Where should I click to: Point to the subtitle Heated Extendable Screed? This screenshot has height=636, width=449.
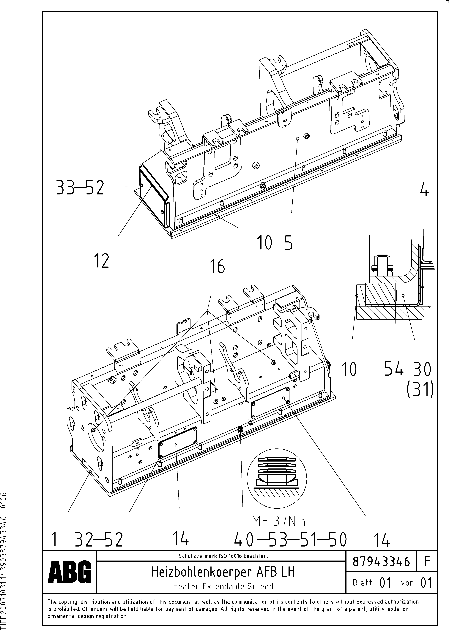point(223,586)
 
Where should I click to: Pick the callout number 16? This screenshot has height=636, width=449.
point(218,267)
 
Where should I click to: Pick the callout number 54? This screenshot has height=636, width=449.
point(394,369)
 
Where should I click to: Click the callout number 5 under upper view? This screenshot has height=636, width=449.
point(288,243)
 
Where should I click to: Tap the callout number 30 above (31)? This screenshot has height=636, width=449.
point(422,369)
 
